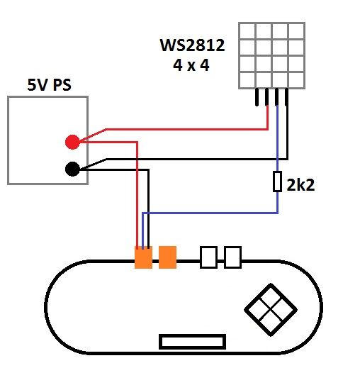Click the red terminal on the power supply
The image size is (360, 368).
[72, 142]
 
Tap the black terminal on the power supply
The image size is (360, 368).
[72, 169]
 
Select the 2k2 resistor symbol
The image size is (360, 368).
[277, 182]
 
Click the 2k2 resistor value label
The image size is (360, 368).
[300, 185]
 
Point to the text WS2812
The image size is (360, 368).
[192, 45]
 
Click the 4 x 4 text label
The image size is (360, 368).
[191, 65]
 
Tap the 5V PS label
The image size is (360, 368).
[49, 85]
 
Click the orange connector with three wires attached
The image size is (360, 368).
[143, 257]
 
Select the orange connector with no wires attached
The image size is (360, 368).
[167, 257]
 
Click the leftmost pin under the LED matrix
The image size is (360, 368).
[257, 97]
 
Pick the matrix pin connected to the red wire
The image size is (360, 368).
[267, 97]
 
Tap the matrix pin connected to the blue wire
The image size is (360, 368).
[277, 97]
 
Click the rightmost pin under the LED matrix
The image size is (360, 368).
[286, 97]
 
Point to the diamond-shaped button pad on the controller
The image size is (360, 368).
[271, 310]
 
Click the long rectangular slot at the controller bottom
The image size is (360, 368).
[192, 342]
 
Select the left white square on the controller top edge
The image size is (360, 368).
[209, 257]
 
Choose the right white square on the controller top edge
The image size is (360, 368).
[232, 257]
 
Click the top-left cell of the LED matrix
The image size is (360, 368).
[247, 31]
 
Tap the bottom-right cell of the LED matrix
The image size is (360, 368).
[296, 80]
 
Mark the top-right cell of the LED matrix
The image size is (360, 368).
[296, 31]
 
